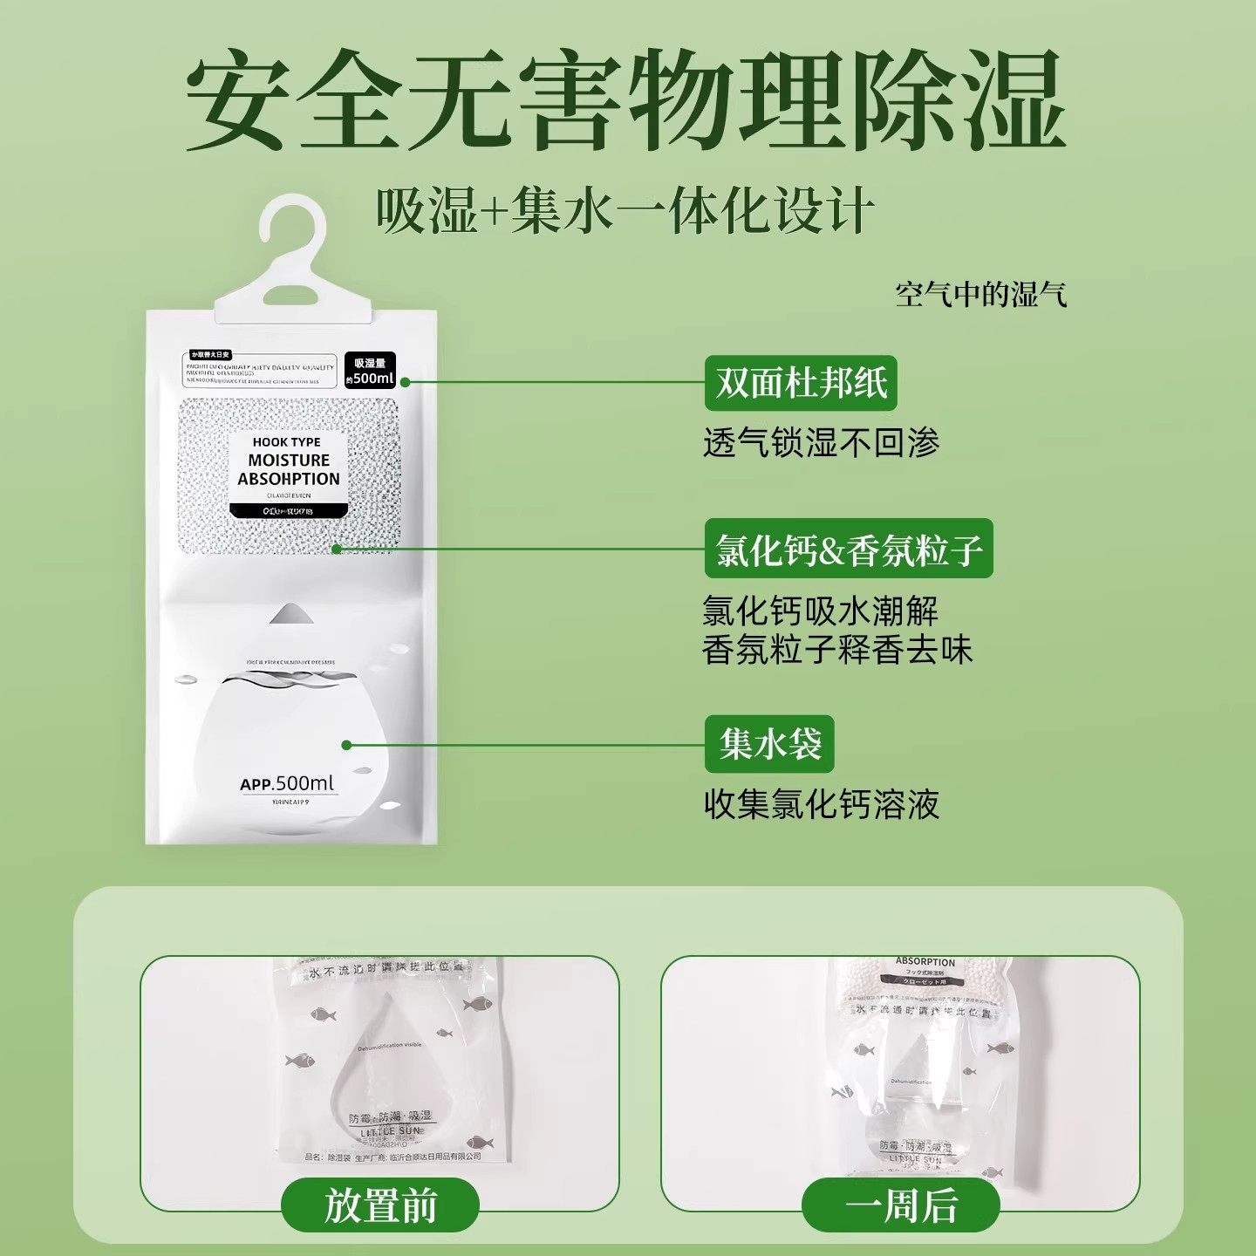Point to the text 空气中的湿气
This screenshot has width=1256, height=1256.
coord(980,295)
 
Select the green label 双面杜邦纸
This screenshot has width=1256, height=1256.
coord(800,383)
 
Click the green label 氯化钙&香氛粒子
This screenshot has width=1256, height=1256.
coord(848,550)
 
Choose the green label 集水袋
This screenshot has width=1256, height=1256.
coord(769,744)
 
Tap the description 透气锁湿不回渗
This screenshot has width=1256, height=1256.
coord(821,443)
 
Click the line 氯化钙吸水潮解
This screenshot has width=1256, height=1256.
coord(820,611)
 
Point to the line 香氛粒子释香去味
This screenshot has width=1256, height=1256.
coord(836,650)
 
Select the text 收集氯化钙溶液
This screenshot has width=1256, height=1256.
coord(821,804)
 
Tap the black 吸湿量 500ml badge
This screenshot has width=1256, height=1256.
coord(370,370)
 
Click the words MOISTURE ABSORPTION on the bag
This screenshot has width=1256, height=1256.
coord(289,469)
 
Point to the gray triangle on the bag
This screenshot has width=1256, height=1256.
coord(290,613)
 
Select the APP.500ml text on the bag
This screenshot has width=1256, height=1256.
coord(287,783)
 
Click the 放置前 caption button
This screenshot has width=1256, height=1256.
coord(380,1206)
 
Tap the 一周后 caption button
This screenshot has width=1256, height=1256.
coord(900,1206)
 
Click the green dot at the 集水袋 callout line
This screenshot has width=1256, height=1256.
coord(346,745)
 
